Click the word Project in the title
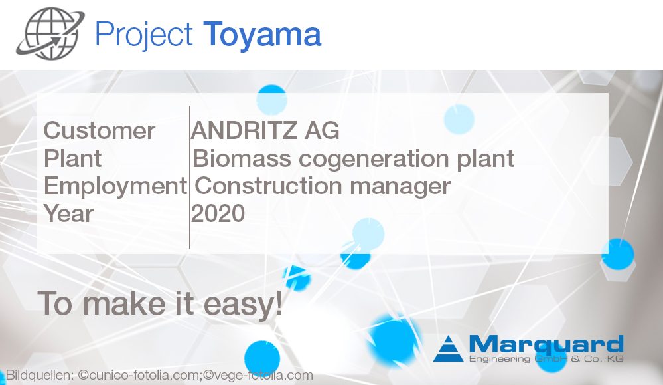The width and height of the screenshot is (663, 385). point(144,35)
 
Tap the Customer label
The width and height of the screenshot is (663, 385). point(100,131)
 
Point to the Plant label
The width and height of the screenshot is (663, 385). point(73,159)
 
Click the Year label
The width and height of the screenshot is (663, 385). point(68,214)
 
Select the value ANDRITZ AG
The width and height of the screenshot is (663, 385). point(265,131)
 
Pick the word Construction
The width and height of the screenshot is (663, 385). point(269,186)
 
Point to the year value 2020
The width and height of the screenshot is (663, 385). point(218,214)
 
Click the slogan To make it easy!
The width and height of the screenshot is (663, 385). point(160,303)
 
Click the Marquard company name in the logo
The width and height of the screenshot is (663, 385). point(546,345)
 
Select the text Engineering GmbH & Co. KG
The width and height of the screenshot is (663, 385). point(546,360)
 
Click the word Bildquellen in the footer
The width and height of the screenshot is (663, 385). point(39,376)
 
